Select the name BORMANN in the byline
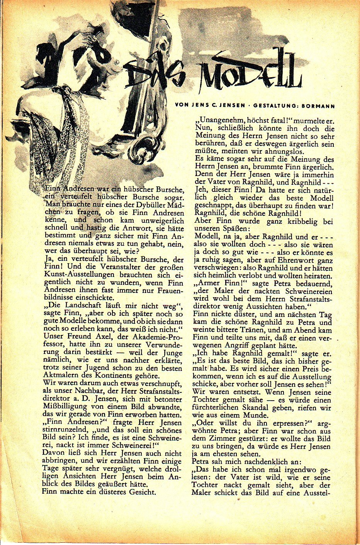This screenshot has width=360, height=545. coord(319,106)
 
